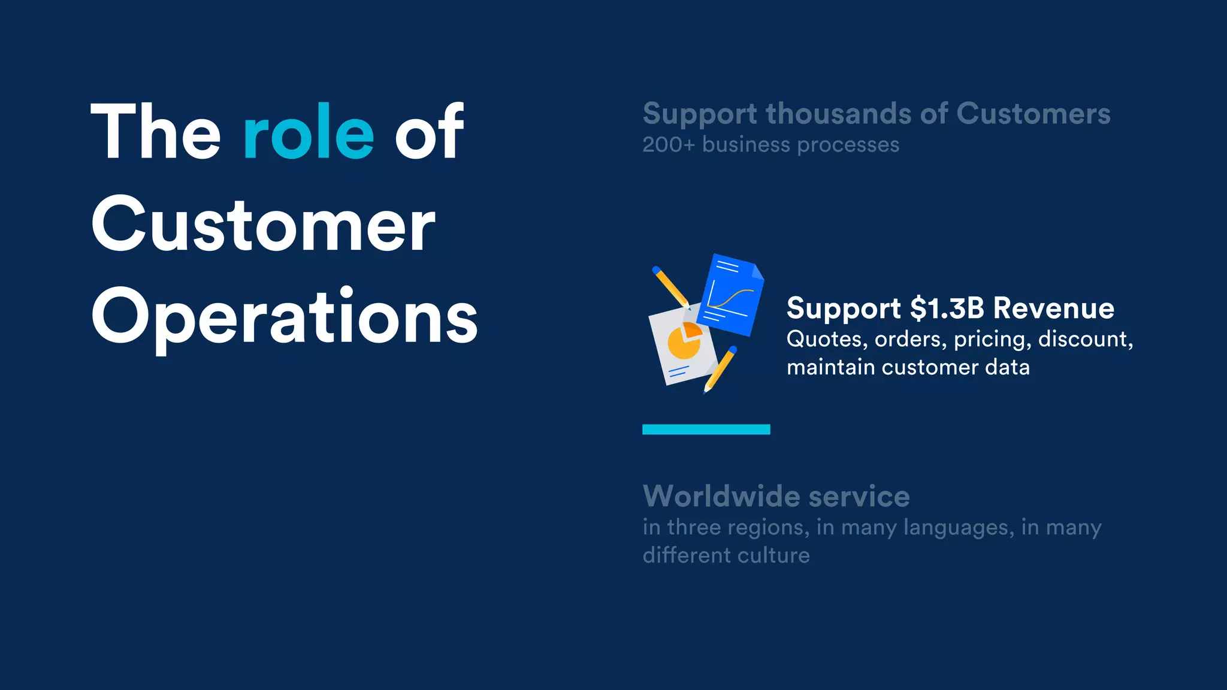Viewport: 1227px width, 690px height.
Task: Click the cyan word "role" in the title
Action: point(309,133)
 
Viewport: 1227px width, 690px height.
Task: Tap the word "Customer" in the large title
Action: point(264,225)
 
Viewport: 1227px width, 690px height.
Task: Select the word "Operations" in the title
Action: point(285,317)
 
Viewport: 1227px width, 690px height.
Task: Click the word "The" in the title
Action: point(156,133)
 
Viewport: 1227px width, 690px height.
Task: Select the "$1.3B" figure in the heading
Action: point(947,308)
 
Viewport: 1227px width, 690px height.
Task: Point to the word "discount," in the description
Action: point(1085,340)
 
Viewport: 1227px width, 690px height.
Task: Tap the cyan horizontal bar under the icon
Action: point(706,429)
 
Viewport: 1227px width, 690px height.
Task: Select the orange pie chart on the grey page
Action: point(684,341)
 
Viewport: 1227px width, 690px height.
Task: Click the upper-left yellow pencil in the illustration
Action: point(670,287)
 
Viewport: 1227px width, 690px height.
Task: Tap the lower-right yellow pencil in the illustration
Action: point(721,368)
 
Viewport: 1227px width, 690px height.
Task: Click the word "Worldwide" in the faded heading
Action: point(721,497)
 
